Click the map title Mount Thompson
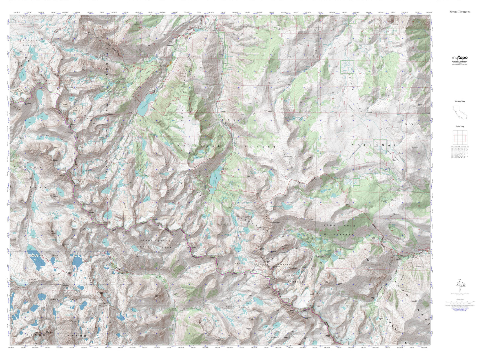point(460,11)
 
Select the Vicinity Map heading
point(460,101)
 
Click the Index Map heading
point(460,126)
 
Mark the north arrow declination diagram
point(460,285)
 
